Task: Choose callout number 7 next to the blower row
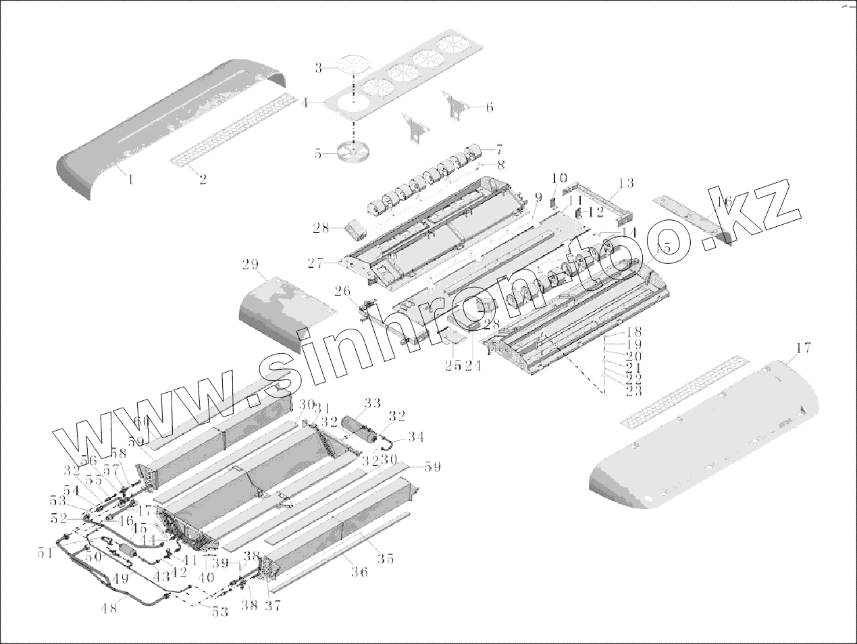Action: pos(499,147)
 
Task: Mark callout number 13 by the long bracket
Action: pos(626,183)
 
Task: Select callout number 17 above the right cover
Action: pos(803,348)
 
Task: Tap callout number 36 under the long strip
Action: pos(359,572)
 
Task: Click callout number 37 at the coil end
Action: pos(273,605)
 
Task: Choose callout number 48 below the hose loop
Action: pos(109,607)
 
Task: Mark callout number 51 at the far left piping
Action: pos(45,553)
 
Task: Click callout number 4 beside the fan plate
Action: pos(305,103)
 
